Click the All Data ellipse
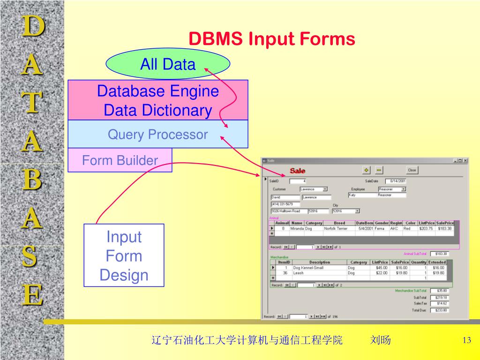pyautogui.click(x=168, y=64)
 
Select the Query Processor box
pyautogui.click(x=157, y=135)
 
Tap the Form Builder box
pyautogui.click(x=120, y=160)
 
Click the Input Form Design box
pyautogui.click(x=124, y=255)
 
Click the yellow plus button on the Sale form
pyautogui.click(x=367, y=170)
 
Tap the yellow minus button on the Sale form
pyautogui.click(x=379, y=170)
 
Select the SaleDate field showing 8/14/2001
pyautogui.click(x=396, y=181)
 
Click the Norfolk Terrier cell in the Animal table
pyautogui.click(x=336, y=229)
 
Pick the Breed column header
pyautogui.click(x=339, y=223)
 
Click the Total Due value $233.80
pyautogui.click(x=442, y=310)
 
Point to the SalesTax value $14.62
pyautogui.click(x=442, y=304)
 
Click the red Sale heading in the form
pyautogui.click(x=298, y=171)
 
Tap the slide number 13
pyautogui.click(x=466, y=340)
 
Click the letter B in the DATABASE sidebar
pyautogui.click(x=32, y=180)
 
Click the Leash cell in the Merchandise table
pyautogui.click(x=299, y=273)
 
